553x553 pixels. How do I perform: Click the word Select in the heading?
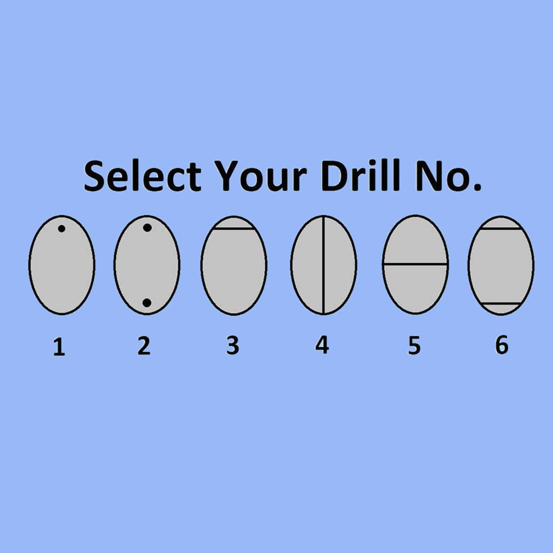coord(142,176)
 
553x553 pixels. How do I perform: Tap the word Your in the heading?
coord(261,176)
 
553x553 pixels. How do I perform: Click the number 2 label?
coord(144,346)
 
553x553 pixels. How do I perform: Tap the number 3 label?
coord(233,346)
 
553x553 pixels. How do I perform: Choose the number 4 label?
coord(322,345)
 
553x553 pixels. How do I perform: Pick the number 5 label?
coord(414,346)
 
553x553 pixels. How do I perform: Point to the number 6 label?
coord(502,345)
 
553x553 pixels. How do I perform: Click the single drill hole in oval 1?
coord(62,229)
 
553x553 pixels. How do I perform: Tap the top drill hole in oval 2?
coord(147,228)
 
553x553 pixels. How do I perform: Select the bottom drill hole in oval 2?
coord(147,303)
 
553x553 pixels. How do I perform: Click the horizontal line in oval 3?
coord(234,229)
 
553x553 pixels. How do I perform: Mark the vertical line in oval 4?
coord(323,265)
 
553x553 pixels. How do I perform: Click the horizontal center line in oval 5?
coord(415,264)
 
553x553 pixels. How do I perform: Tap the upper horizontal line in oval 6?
coord(501,229)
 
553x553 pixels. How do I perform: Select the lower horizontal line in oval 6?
coord(501,304)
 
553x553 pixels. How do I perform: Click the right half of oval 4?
coord(340,265)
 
